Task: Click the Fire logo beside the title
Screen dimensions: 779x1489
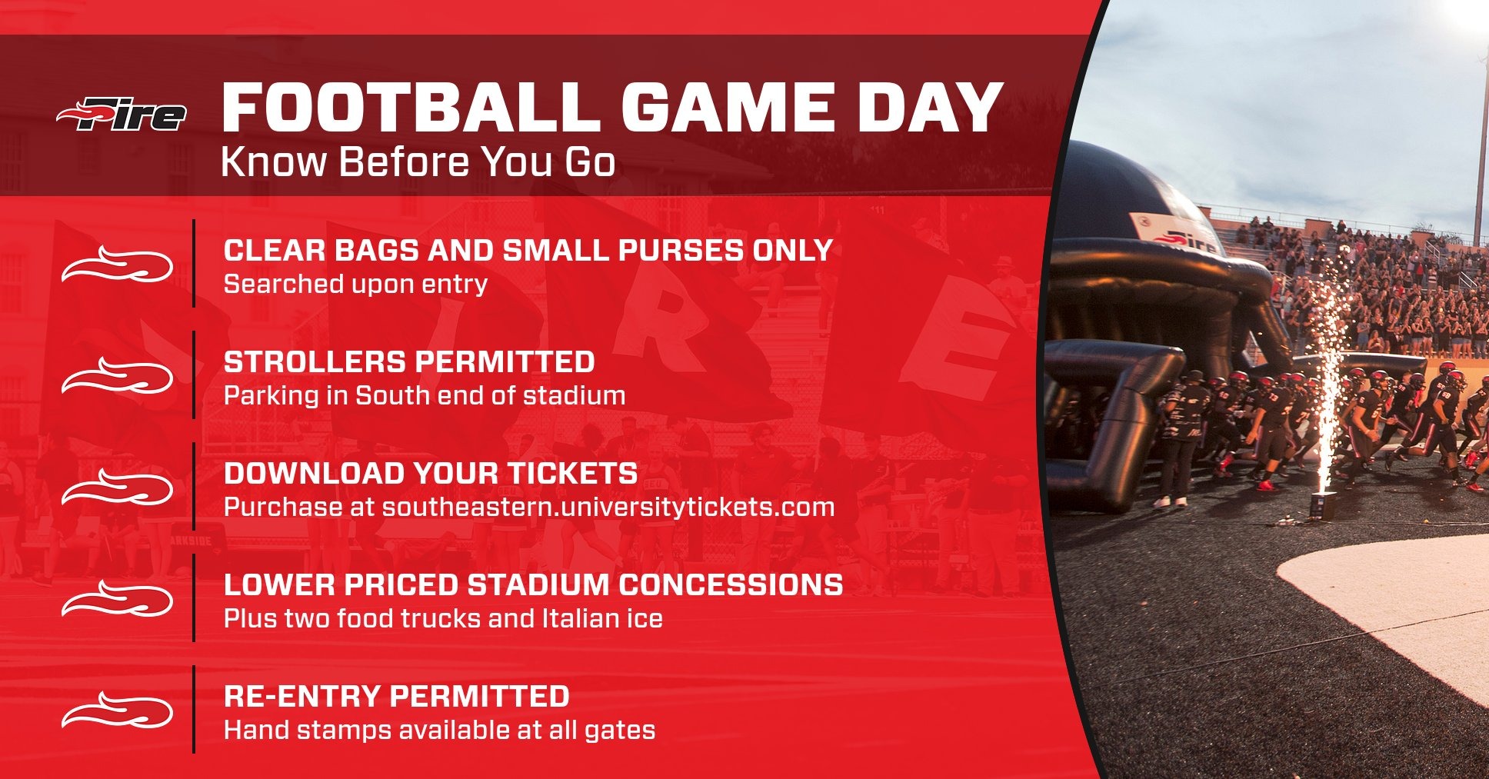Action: (122, 115)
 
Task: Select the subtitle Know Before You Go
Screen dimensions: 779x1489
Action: (418, 162)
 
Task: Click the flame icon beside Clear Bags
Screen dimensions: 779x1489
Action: (117, 266)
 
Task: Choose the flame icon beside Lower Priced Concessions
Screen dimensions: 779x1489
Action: (117, 600)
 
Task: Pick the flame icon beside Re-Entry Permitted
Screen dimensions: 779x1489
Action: (117, 711)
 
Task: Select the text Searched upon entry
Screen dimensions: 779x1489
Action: (355, 285)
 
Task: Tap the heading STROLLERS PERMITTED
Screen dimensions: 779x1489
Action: (409, 362)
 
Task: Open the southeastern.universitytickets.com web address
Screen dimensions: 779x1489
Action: (608, 508)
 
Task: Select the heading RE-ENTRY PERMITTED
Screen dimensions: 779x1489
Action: (396, 697)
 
